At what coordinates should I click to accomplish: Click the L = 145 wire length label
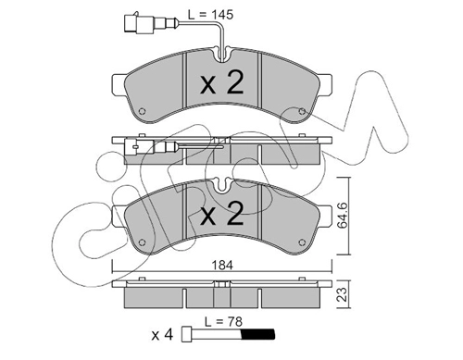(x=211, y=15)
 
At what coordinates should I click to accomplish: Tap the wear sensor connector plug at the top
(x=139, y=22)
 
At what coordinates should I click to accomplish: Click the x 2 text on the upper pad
(x=222, y=82)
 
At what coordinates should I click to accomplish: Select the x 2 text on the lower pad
(x=222, y=213)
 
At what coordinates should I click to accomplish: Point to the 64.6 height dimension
(x=343, y=216)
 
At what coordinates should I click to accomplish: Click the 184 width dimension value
(x=222, y=266)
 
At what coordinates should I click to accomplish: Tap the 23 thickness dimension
(x=343, y=294)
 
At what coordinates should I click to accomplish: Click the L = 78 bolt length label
(x=223, y=322)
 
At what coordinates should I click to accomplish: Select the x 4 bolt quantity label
(x=162, y=335)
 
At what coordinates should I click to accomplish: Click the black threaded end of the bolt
(x=257, y=334)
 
